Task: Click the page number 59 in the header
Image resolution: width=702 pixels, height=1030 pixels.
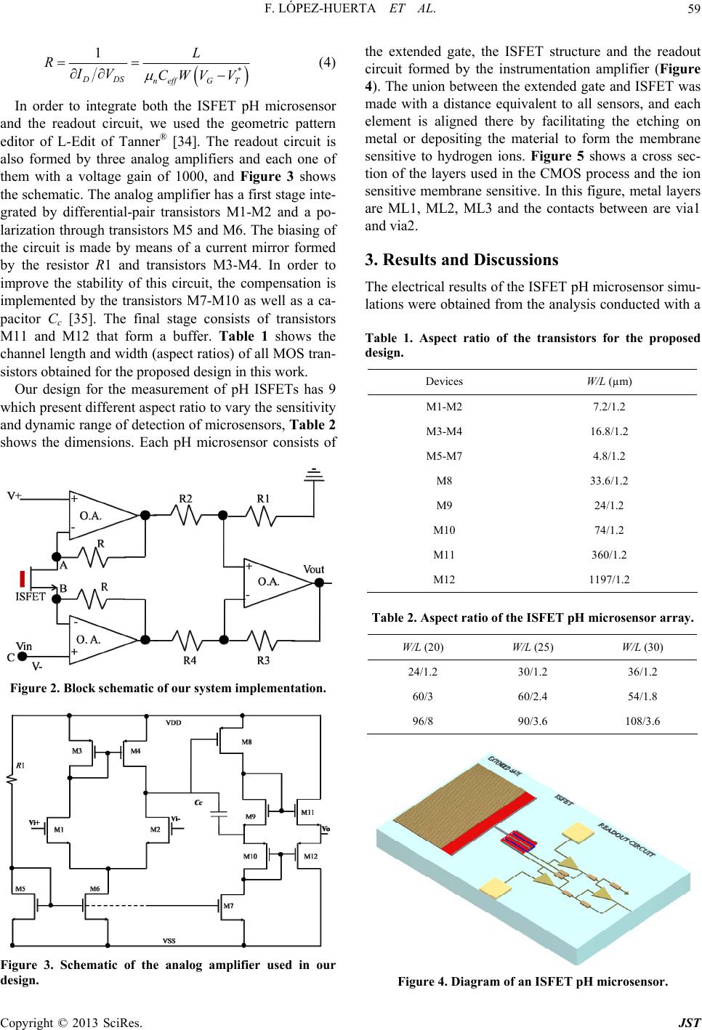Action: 694,9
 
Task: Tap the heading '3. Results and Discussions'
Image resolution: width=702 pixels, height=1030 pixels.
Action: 461,260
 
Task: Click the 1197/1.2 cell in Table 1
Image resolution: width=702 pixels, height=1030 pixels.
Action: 609,580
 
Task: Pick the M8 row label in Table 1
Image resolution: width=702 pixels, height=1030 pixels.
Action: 444,481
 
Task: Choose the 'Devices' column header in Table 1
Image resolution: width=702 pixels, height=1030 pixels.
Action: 444,381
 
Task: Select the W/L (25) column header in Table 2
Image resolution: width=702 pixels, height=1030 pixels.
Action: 533,647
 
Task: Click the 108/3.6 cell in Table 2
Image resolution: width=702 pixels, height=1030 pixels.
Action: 642,721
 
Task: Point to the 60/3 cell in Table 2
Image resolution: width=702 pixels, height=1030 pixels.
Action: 422,696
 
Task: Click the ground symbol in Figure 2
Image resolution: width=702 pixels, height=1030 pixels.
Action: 314,475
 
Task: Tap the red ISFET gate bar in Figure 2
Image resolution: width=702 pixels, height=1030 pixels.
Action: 23,579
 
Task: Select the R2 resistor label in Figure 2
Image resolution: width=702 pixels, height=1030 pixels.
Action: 185,498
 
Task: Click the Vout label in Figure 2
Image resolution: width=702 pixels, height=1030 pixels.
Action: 314,569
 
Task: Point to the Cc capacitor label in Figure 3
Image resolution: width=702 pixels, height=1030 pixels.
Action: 198,803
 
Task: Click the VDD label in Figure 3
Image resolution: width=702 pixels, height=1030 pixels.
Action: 174,722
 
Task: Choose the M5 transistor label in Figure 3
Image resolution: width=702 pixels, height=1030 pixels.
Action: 20,889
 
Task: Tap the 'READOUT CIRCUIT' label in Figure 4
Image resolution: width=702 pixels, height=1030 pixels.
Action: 626,840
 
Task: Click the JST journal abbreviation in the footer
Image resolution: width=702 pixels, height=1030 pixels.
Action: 690,1023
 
